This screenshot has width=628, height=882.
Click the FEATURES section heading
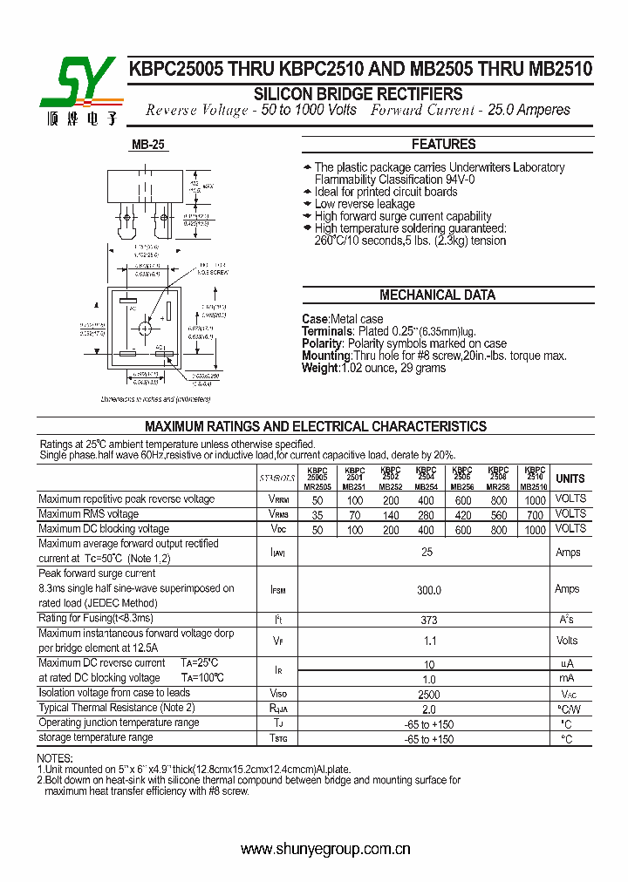click(x=444, y=145)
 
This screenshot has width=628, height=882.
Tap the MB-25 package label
click(x=148, y=146)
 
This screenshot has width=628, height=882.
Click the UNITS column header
click(x=570, y=478)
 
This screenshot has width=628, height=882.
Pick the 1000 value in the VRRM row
click(x=536, y=500)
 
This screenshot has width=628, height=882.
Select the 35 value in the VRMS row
click(x=317, y=515)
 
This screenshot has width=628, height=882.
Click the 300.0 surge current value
click(x=428, y=590)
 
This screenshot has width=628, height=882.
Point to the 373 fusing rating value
click(x=428, y=620)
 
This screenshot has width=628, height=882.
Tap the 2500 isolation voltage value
click(x=427, y=695)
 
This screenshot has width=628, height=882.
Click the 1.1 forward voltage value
click(x=428, y=641)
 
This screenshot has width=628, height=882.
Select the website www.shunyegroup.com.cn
click(x=325, y=849)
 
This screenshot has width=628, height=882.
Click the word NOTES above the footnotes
click(x=55, y=759)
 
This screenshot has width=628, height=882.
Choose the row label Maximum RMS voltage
click(x=89, y=514)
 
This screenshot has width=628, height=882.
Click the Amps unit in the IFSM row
click(x=567, y=589)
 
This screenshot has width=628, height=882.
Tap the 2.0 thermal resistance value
click(x=428, y=709)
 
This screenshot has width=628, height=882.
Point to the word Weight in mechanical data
click(x=320, y=368)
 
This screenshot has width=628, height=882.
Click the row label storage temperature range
click(x=96, y=737)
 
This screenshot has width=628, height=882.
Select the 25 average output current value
click(x=427, y=553)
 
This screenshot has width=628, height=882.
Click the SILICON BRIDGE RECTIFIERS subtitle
click(x=358, y=94)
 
